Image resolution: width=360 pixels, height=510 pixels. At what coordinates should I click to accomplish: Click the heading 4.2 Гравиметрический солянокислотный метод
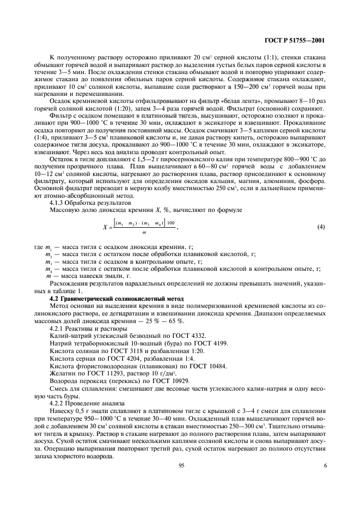click(116, 300)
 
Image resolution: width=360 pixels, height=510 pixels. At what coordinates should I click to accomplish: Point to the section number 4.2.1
click(58, 329)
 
